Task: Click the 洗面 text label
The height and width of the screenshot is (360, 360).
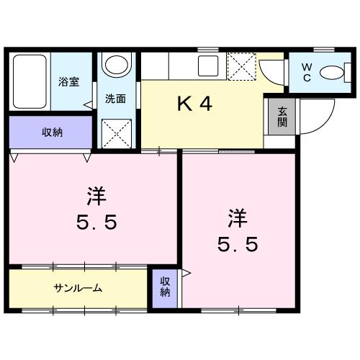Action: tap(115, 99)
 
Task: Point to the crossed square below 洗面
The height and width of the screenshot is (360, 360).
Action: tap(114, 132)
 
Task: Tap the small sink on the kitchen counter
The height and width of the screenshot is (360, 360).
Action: tap(209, 66)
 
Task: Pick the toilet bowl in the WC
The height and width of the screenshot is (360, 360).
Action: tap(331, 73)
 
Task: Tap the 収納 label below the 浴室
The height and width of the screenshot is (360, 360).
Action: tap(51, 131)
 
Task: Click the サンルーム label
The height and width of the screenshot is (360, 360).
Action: tap(77, 289)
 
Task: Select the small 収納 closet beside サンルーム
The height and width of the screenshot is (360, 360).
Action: tap(165, 287)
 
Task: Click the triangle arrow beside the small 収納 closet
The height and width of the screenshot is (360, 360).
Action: tap(186, 274)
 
